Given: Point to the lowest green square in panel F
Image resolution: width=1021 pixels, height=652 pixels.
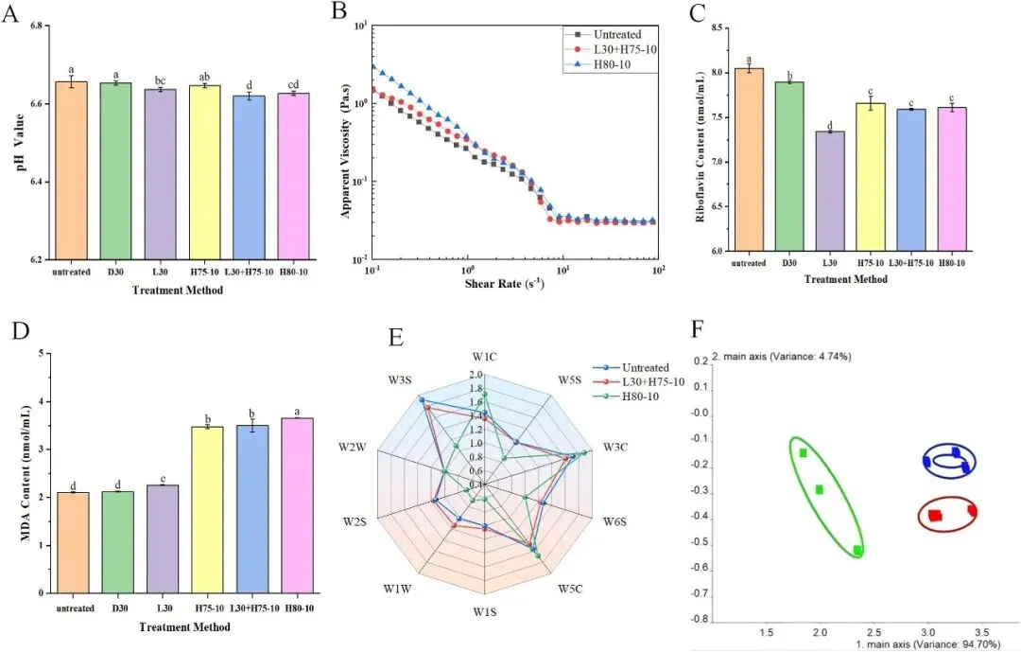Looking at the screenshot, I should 857,550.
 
